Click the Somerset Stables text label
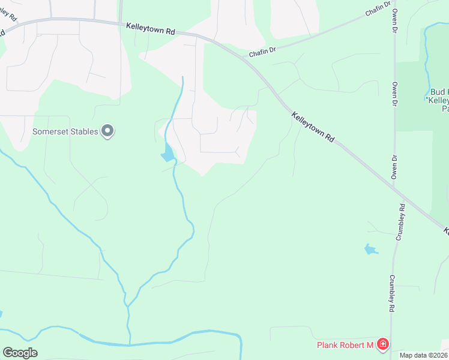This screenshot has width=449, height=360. click(x=65, y=131)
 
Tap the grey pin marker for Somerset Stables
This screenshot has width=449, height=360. click(x=107, y=131)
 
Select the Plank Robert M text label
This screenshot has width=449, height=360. click(x=345, y=345)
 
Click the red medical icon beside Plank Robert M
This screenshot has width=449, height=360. click(x=382, y=344)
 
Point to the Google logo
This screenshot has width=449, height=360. click(x=20, y=353)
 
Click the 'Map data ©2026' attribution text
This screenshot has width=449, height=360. click(x=423, y=355)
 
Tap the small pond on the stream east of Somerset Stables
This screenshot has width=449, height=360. click(x=168, y=155)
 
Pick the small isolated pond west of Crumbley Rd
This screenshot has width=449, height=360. click(x=371, y=249)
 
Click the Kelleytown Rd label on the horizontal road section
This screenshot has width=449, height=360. click(x=151, y=28)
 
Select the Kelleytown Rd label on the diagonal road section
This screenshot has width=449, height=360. click(x=313, y=126)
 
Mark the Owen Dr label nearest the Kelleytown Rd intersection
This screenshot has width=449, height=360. click(x=394, y=167)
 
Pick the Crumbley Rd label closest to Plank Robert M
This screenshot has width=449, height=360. click(x=391, y=293)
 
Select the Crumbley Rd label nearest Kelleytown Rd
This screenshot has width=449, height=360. click(x=399, y=222)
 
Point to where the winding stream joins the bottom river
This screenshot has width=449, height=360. click(x=128, y=344)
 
